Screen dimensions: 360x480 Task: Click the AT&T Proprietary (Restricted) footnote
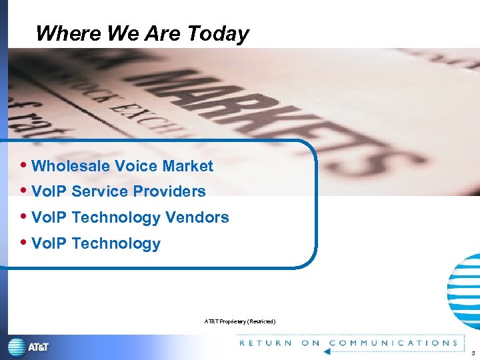239,322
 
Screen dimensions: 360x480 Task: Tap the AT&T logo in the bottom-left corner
28,347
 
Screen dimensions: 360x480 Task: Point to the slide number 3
472,353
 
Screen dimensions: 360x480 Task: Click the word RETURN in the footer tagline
265,343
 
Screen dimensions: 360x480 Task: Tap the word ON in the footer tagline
311,343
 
